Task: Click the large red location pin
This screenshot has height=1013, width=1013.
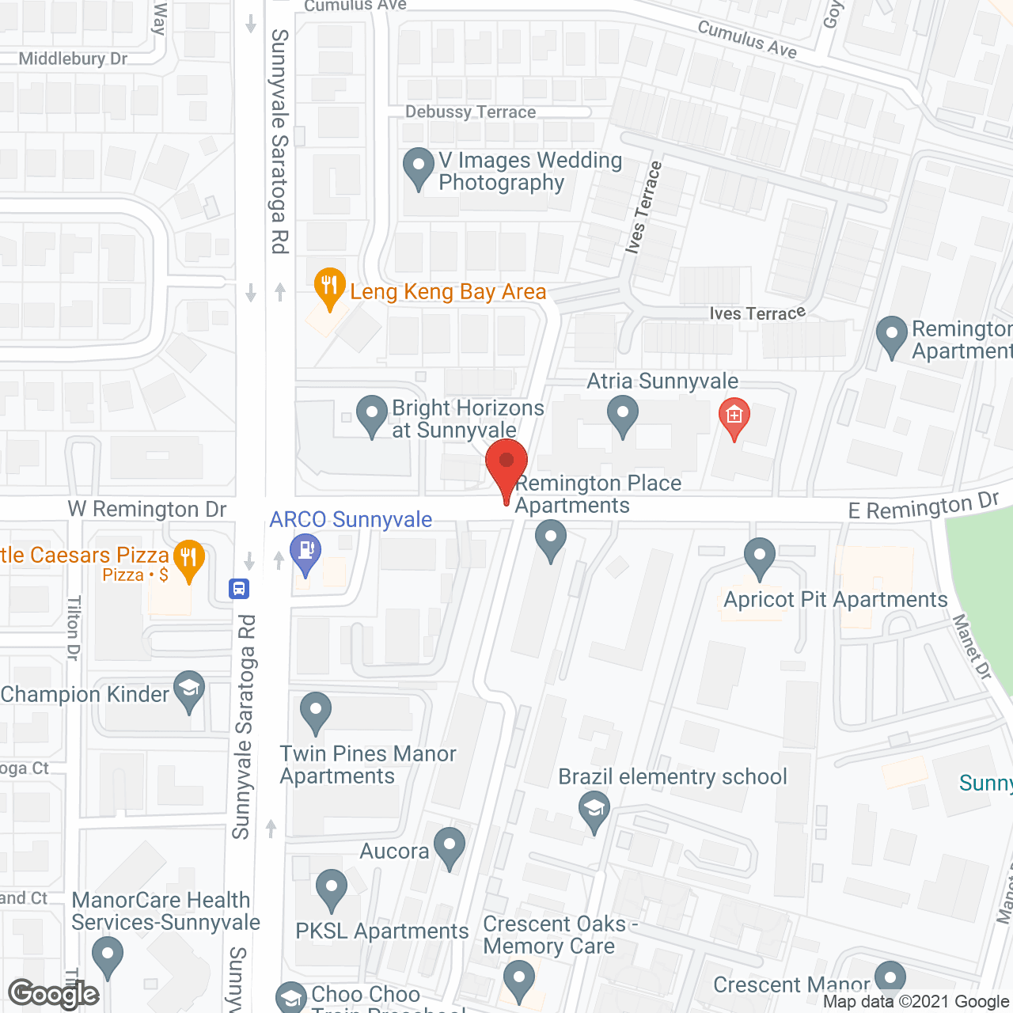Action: point(506,462)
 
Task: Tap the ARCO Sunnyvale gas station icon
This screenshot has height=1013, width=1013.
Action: point(305,551)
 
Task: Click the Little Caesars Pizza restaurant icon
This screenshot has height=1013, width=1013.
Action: point(188,559)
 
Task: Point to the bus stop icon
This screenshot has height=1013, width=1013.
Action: point(239,589)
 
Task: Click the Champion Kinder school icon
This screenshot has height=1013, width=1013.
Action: point(189,689)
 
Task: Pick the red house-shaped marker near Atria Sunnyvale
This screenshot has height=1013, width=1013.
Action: point(734,416)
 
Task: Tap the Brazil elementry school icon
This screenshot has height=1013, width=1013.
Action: point(594,811)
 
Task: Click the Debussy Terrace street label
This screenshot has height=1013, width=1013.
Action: point(471,112)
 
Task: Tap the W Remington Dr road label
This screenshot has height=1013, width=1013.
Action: point(147,509)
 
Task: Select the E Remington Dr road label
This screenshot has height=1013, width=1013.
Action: point(924,506)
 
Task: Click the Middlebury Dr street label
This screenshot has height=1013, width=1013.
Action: point(73,59)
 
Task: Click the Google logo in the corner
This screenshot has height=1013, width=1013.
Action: point(54,994)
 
